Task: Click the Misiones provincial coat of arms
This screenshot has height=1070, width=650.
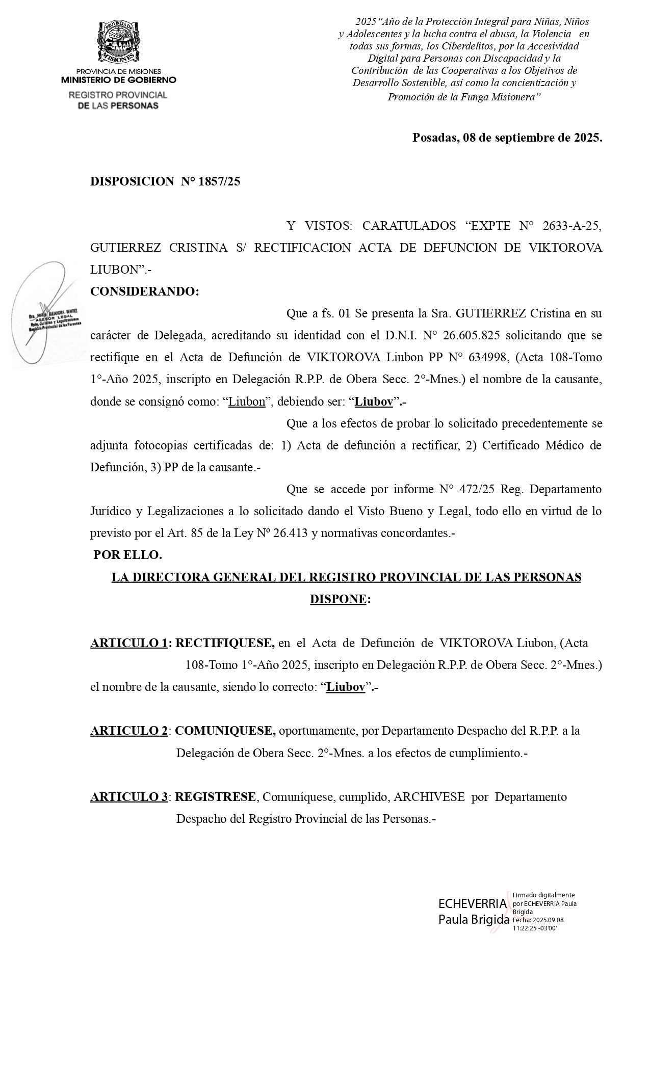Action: pos(118,42)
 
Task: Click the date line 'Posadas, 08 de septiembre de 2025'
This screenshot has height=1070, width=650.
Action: pos(507,138)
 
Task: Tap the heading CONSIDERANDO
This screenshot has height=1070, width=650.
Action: pos(144,291)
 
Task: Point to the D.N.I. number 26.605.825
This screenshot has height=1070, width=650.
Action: pos(471,335)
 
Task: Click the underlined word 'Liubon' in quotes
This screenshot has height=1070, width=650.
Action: pos(247,402)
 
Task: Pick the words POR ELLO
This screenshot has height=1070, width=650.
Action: pos(127,555)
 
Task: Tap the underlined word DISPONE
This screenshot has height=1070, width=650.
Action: pos(338,599)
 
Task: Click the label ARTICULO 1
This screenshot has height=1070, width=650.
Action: pos(129,643)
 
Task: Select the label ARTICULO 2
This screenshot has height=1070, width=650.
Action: pos(129,731)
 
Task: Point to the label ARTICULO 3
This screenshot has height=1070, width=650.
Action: pos(129,797)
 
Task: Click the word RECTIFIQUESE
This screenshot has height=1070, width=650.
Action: pos(225,643)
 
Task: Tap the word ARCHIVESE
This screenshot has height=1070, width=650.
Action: pos(429,797)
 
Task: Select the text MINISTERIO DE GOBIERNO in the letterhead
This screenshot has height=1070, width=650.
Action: pos(119,80)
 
